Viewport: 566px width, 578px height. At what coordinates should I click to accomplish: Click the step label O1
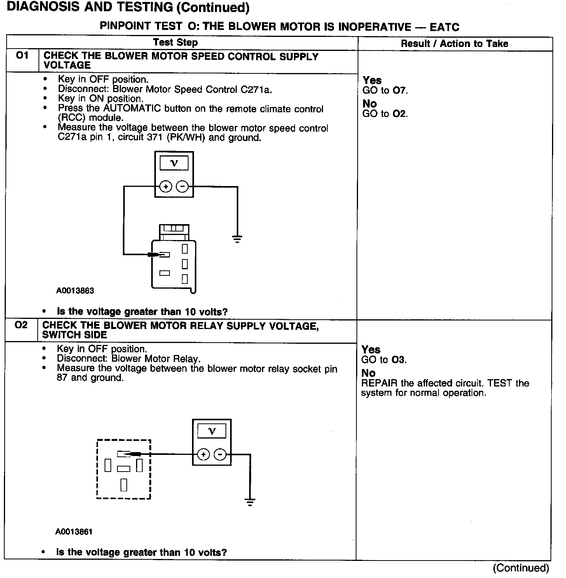pyautogui.click(x=23, y=56)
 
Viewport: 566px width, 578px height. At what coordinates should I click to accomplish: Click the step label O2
pyautogui.click(x=21, y=325)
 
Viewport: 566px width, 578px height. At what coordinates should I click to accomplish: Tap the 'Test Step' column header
pyautogui.click(x=175, y=42)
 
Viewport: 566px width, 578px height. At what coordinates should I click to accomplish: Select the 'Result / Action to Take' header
pyautogui.click(x=454, y=44)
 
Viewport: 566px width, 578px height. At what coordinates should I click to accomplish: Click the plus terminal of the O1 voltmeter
pyautogui.click(x=166, y=187)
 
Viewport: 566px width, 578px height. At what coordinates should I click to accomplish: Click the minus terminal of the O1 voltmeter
pyautogui.click(x=182, y=187)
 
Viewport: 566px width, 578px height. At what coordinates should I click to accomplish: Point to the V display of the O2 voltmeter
pyautogui.click(x=211, y=431)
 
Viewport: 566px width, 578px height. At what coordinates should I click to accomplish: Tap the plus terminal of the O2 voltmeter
pyautogui.click(x=203, y=454)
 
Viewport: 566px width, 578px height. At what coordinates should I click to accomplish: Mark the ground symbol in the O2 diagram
pyautogui.click(x=250, y=502)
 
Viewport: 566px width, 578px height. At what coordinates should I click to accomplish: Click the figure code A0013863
pyautogui.click(x=75, y=291)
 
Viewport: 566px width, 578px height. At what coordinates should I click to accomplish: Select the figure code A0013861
pyautogui.click(x=74, y=531)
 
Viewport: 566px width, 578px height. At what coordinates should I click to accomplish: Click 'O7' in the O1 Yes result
pyautogui.click(x=400, y=91)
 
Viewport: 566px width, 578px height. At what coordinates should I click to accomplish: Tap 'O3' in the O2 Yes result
pyautogui.click(x=399, y=360)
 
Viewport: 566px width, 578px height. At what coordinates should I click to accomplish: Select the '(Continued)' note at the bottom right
pyautogui.click(x=521, y=568)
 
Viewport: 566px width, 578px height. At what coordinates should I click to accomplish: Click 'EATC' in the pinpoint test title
pyautogui.click(x=444, y=27)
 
